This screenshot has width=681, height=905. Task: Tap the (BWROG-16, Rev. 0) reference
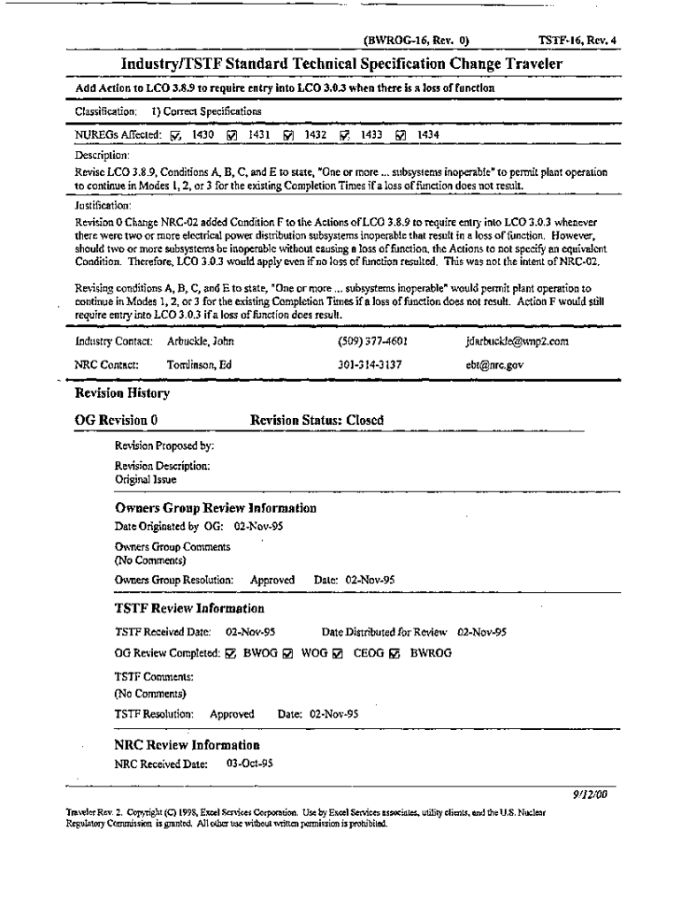[x=416, y=40]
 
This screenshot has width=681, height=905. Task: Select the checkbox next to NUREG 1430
[x=174, y=135]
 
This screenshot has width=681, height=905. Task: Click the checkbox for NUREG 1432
[x=288, y=135]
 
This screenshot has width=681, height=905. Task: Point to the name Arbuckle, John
[x=200, y=340]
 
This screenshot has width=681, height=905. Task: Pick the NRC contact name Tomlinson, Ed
[x=201, y=362]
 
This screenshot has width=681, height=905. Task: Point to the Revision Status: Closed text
[x=317, y=421]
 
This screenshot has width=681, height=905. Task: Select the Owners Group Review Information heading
[x=216, y=508]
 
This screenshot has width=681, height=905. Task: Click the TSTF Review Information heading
[x=189, y=608]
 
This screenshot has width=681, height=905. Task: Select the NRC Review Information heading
[x=187, y=745]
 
